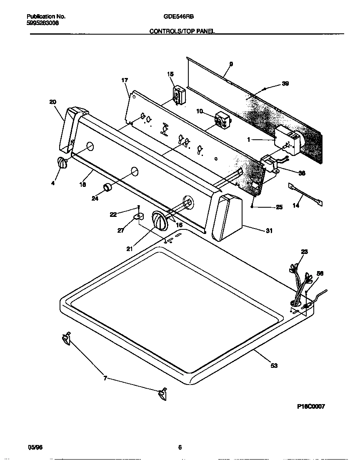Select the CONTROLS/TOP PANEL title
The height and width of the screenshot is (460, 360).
point(182,31)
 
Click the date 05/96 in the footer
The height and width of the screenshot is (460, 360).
point(35,447)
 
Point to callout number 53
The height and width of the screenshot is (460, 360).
point(274,366)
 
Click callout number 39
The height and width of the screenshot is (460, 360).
point(285,83)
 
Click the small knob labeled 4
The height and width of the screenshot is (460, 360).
point(62,163)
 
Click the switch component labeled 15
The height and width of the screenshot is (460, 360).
point(179,95)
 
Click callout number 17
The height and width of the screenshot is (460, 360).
point(125,80)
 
